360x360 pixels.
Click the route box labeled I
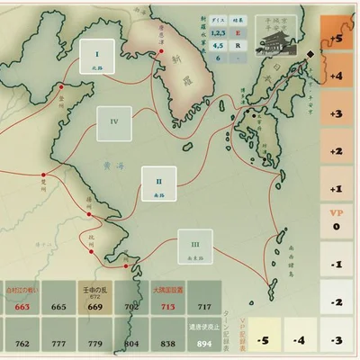tap(96, 58)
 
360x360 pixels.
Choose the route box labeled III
tap(194, 246)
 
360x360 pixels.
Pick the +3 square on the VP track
tap(337, 113)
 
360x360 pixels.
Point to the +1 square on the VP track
tap(337, 189)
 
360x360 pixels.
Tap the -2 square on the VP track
tap(337, 302)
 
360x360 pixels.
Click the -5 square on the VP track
tap(261, 340)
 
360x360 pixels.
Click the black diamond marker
tap(310, 54)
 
